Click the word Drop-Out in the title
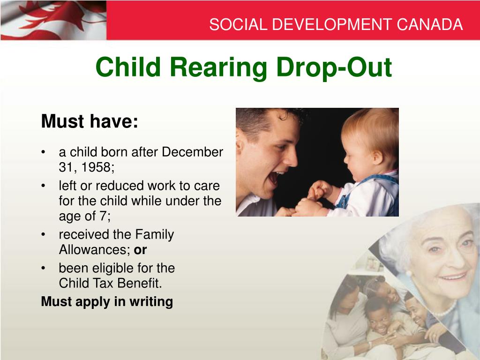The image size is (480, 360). [334, 67]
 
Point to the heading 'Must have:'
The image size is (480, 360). [90, 121]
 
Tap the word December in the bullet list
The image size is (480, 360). [192, 152]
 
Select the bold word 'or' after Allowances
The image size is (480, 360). [140, 250]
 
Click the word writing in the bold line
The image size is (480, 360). [151, 302]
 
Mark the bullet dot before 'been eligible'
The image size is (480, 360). [44, 268]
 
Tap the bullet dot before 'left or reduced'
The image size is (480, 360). [44, 186]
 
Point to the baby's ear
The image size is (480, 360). [378, 157]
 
